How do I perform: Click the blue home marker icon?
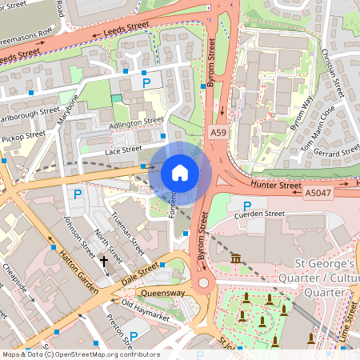click(180, 172)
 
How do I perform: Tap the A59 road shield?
click(218, 131)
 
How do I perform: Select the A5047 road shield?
click(318, 192)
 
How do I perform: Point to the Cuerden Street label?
click(258, 214)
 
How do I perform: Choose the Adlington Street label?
click(135, 122)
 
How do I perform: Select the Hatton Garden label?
click(77, 273)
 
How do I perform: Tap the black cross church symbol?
click(103, 261)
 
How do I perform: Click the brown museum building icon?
click(236, 259)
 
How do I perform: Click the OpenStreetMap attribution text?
click(80, 354)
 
